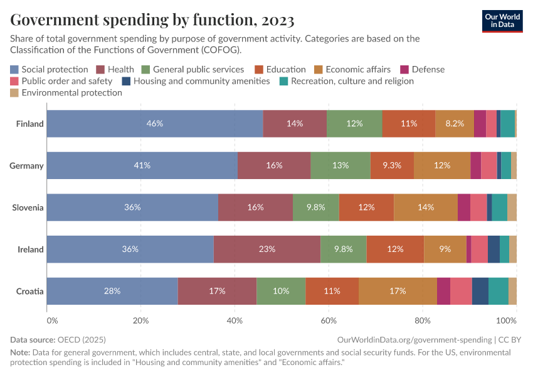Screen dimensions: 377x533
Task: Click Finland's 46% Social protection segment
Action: (155, 124)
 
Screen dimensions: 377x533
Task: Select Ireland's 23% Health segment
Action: (267, 249)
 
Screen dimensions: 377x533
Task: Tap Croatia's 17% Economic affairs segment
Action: (398, 292)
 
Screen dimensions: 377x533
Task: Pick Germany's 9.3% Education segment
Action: (391, 166)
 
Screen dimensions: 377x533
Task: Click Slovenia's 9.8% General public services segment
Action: (316, 207)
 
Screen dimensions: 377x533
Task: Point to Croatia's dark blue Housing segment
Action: (480, 292)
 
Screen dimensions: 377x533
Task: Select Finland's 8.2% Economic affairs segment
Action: (454, 124)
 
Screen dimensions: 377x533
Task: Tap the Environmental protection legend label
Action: (71, 92)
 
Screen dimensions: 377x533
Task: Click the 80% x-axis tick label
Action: (423, 321)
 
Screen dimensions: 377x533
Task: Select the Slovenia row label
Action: (28, 207)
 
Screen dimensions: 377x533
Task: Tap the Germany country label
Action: (26, 166)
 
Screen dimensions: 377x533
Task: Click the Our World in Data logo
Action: (502, 20)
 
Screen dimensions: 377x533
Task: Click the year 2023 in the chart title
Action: (275, 21)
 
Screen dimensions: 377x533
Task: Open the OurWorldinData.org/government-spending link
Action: (414, 340)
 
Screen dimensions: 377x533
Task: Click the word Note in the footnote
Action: (20, 352)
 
